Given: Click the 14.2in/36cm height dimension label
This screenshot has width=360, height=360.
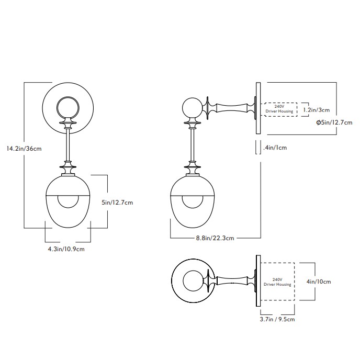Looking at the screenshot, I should [x=24, y=149].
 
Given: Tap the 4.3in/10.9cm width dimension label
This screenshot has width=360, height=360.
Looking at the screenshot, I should [x=66, y=249].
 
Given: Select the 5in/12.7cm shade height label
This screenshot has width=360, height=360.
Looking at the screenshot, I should [x=118, y=203].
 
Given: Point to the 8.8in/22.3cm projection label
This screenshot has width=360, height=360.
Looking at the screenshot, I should [x=211, y=238].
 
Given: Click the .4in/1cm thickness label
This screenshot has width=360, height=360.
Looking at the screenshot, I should [x=275, y=148].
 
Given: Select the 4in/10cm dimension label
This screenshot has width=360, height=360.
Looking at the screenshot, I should [x=319, y=282].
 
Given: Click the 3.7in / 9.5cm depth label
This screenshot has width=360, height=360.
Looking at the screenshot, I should [x=277, y=319].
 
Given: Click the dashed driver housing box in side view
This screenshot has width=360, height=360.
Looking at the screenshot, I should [x=279, y=110].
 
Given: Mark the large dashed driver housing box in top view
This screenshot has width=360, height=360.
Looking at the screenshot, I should [x=277, y=282].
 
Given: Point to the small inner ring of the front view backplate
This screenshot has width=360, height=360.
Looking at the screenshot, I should [x=67, y=108].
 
